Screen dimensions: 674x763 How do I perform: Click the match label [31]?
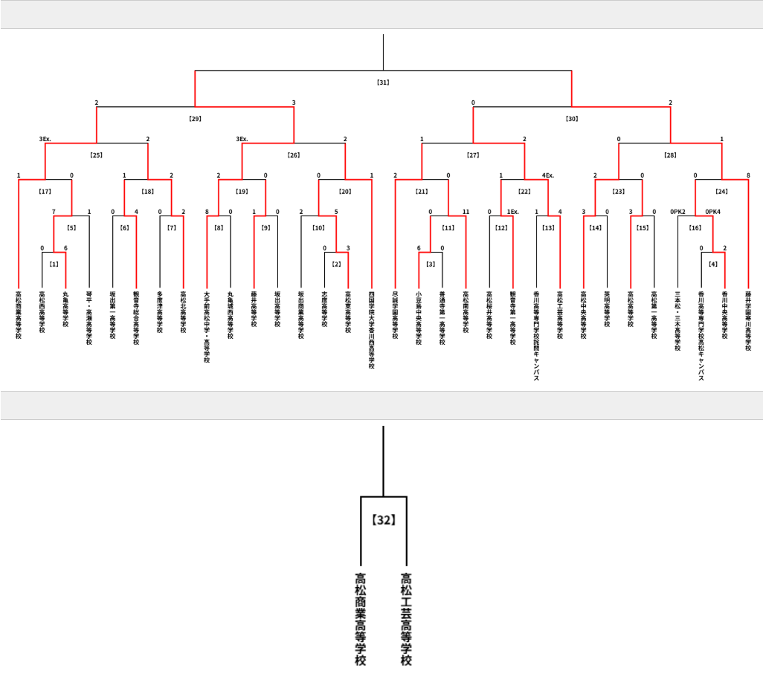coord(383,82)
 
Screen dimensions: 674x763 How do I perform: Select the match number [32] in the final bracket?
coord(383,520)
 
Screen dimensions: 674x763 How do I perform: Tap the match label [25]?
coord(96,155)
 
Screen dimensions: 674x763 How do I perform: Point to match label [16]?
coord(695,227)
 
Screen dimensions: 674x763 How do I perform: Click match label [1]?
coord(54,264)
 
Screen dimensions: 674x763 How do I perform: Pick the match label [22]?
coord(524,192)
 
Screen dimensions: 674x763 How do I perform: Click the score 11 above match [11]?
coord(466,212)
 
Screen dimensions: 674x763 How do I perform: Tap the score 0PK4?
coord(712,212)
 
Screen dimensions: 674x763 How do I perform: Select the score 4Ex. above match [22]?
coord(549,175)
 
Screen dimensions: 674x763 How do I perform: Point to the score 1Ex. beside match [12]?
coord(512,212)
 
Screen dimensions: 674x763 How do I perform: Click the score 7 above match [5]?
coord(54,212)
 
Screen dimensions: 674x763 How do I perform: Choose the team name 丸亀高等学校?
coord(65,312)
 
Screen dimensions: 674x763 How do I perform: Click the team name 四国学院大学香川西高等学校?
coord(372,330)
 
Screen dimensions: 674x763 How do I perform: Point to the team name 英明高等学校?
coord(607,309)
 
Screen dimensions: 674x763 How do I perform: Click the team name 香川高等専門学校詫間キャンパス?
coord(537,335)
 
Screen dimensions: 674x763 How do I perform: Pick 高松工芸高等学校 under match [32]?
coord(406,618)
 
